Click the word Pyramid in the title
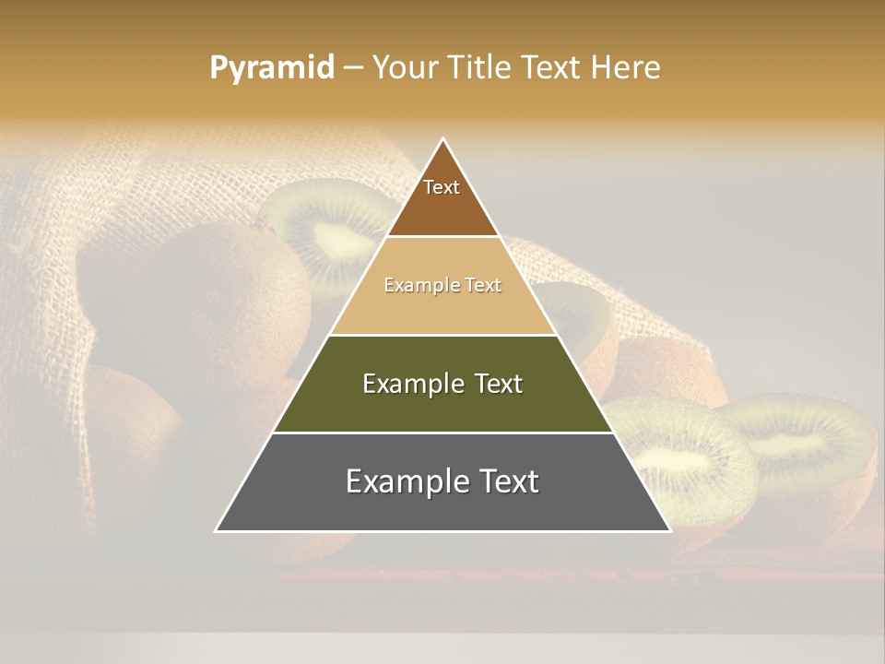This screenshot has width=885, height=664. tap(271, 67)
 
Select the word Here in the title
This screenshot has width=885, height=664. tap(626, 67)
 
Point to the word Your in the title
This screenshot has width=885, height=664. tap(405, 67)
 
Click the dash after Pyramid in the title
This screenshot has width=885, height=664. tap(353, 68)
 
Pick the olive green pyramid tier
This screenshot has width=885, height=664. tap(442, 406)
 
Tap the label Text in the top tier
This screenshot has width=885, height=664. tap(442, 187)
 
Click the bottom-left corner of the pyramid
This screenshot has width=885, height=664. tap(217, 530)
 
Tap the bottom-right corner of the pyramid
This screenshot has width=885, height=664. tap(669, 530)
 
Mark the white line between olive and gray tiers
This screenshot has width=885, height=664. tap(442, 433)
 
